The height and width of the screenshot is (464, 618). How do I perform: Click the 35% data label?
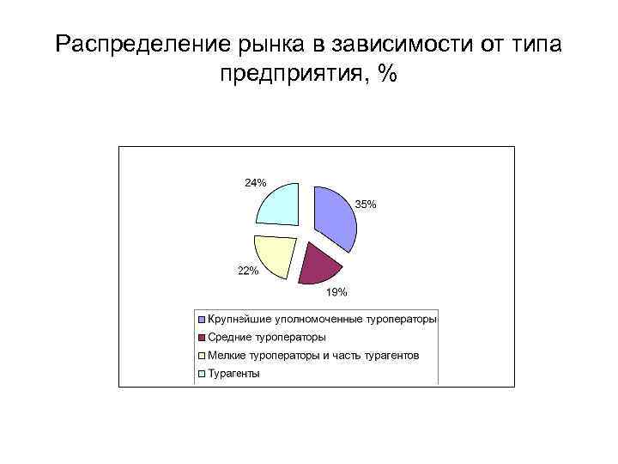pyautogui.click(x=366, y=205)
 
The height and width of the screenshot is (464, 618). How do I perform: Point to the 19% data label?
pyautogui.click(x=336, y=292)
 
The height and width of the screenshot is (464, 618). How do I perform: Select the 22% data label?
pyautogui.click(x=248, y=272)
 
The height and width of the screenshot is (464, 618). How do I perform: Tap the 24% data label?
pyautogui.click(x=256, y=182)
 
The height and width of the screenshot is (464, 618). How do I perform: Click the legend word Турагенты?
pyautogui.click(x=233, y=374)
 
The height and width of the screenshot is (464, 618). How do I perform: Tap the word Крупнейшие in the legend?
pyautogui.click(x=236, y=320)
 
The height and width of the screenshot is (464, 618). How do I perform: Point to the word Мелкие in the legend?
pyautogui.click(x=226, y=356)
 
